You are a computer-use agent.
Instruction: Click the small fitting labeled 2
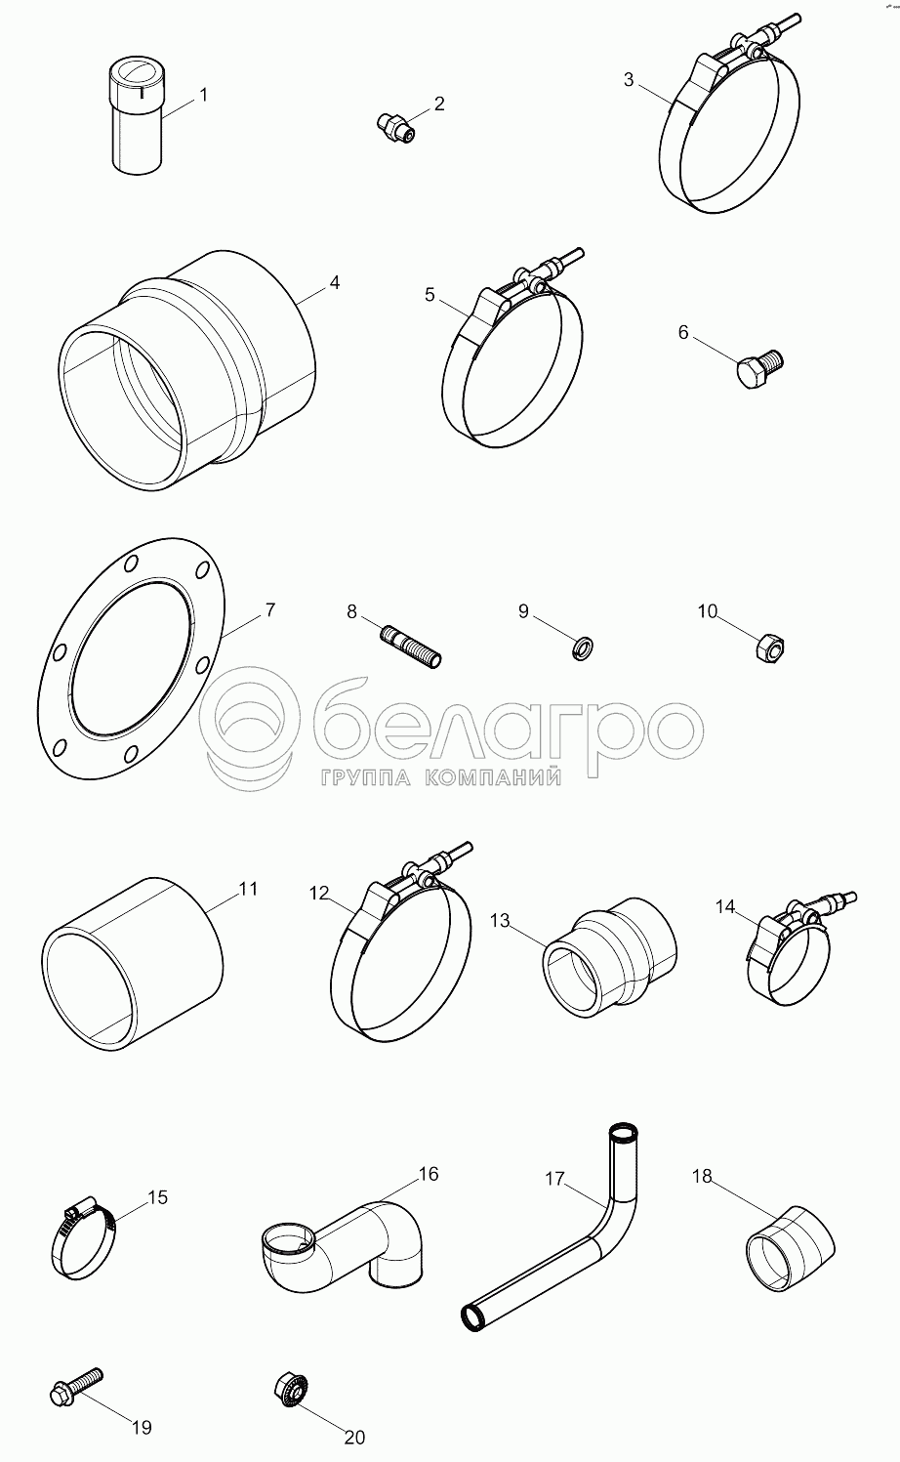point(396,126)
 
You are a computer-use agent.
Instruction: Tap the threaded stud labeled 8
point(411,647)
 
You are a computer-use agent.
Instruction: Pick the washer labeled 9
point(583,648)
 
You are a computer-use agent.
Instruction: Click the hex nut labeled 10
point(769,647)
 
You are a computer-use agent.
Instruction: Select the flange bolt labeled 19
point(76,1388)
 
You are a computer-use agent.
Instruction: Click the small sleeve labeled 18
point(790,1248)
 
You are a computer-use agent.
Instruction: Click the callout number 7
point(269,611)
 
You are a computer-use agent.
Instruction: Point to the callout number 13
point(500,920)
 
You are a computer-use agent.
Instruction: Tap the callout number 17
point(554,1180)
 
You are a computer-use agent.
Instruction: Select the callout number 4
point(334,282)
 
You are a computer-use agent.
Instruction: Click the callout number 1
point(203,96)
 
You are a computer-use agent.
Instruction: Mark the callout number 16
point(429,1174)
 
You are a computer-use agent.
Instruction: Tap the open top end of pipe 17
point(624,1130)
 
